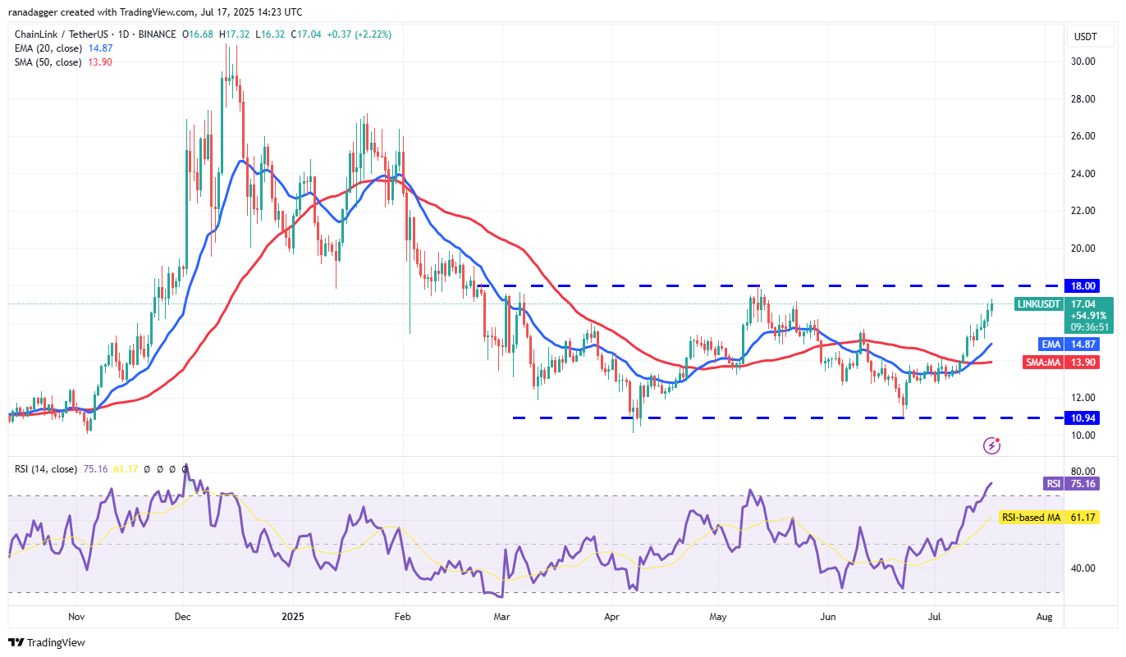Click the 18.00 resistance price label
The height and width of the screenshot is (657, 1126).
[x=1084, y=285]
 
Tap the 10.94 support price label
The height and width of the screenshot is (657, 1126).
[x=1084, y=418]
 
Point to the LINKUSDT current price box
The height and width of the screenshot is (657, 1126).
[x=1064, y=315]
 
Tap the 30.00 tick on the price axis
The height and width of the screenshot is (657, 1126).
[x=1083, y=62]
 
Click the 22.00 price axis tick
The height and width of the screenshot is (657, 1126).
[x=1083, y=211]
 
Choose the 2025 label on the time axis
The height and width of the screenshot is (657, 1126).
[x=293, y=614]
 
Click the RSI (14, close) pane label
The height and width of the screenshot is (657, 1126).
[x=46, y=469]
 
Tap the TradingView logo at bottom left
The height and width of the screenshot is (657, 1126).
[x=47, y=642]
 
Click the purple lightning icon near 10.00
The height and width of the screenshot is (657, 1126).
[x=992, y=445]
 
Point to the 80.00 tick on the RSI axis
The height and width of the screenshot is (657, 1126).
[x=1083, y=472]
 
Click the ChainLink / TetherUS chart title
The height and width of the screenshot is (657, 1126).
[x=66, y=34]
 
